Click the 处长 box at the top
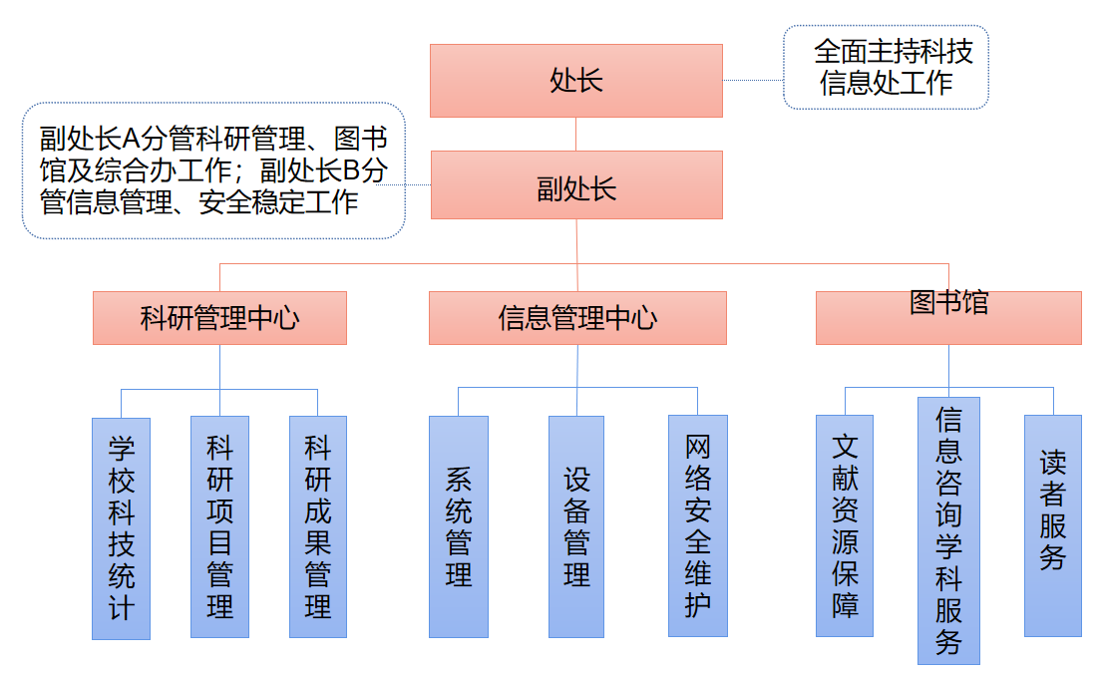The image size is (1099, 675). point(576,81)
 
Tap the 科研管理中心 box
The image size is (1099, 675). point(219,318)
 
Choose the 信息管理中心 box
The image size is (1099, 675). point(577,318)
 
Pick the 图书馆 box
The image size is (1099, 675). point(948,318)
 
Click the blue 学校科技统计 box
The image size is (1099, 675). point(121,528)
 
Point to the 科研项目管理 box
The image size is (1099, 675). point(219,526)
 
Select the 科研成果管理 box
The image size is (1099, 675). point(318,526)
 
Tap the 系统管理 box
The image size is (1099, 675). point(459,526)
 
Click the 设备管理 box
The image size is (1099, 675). point(576,526)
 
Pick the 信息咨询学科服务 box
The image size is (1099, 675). point(948,530)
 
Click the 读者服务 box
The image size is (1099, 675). point(1052,525)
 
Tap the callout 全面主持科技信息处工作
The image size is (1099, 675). point(886,67)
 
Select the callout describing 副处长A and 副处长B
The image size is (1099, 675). point(213,170)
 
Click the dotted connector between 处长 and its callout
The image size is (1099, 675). point(753,81)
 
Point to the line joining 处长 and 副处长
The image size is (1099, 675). point(576,134)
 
